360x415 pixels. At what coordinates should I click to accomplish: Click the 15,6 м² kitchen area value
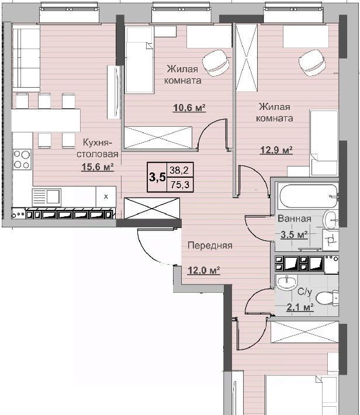[x=98, y=167]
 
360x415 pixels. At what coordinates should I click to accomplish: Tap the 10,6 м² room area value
[x=189, y=108]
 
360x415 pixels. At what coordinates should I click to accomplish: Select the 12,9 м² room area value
[x=276, y=150]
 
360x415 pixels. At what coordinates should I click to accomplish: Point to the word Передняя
[x=210, y=245]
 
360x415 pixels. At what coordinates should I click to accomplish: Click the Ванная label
[x=295, y=219]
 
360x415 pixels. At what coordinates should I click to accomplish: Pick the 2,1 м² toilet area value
[x=300, y=307]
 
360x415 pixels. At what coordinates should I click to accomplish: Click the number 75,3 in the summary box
[x=180, y=184]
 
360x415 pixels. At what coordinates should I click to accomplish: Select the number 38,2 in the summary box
[x=179, y=170]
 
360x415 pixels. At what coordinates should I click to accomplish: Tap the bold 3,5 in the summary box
[x=158, y=177]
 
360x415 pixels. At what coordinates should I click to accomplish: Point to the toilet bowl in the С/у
[x=327, y=298]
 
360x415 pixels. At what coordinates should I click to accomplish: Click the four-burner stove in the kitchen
[x=22, y=160]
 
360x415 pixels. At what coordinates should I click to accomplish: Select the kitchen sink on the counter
[x=47, y=198]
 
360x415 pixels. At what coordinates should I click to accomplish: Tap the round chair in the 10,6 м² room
[x=216, y=63]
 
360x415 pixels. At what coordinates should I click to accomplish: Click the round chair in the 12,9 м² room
[x=312, y=63]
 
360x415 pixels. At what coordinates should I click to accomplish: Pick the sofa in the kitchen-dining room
[x=26, y=58]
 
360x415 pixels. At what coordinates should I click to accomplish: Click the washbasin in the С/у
[x=286, y=282]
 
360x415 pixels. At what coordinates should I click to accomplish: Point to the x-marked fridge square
[x=106, y=196]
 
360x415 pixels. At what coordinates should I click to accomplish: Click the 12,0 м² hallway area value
[x=204, y=271]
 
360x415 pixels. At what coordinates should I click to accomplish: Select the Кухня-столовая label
[x=98, y=148]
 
